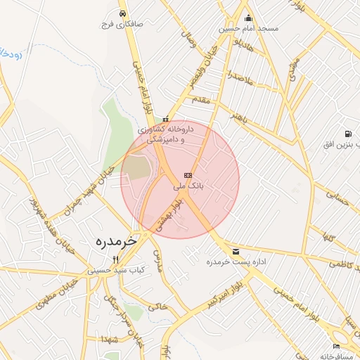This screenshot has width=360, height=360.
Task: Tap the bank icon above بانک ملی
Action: tap(188, 175)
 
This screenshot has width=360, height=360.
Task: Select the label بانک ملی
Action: tap(188, 186)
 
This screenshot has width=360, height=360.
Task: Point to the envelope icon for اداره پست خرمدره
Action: tap(235, 251)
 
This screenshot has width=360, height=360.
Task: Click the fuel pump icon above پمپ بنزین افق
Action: tap(347, 134)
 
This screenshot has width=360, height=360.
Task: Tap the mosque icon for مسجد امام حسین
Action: tap(248, 18)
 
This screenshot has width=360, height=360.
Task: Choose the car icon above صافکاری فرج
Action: tap(123, 13)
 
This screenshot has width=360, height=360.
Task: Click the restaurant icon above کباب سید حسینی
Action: tap(116, 259)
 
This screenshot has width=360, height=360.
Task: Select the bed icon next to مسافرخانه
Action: tap(337, 346)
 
